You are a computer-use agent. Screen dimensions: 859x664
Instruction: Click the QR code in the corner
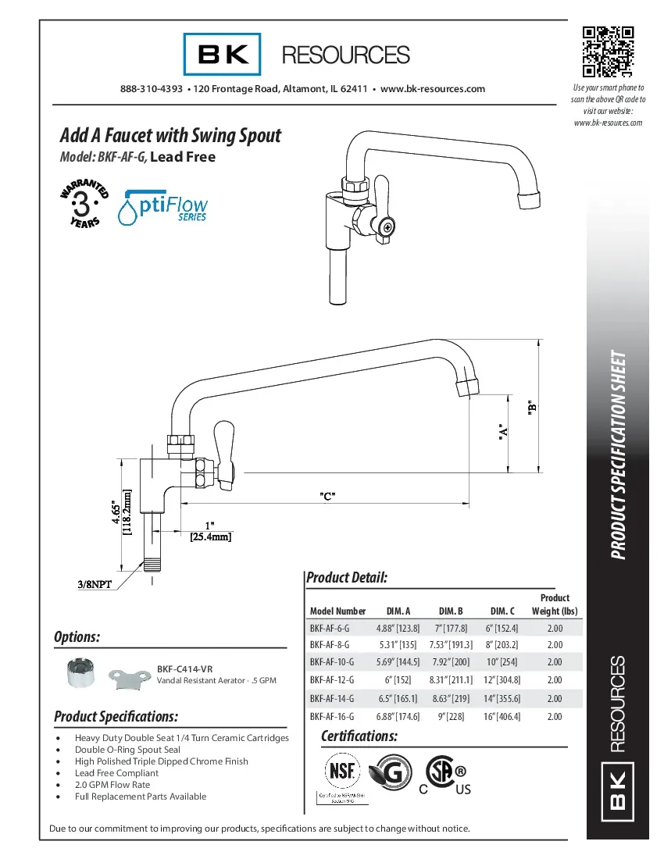coord(608,52)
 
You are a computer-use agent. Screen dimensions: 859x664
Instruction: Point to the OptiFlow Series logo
coord(162,207)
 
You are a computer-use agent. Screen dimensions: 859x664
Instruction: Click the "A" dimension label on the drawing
coord(504,432)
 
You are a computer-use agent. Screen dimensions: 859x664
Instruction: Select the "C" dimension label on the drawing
coord(328,496)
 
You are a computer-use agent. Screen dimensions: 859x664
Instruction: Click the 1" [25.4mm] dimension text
coord(210,531)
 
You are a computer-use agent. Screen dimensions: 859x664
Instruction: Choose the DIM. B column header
coord(451,611)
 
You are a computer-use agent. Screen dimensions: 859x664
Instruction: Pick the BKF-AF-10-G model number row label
coord(331,662)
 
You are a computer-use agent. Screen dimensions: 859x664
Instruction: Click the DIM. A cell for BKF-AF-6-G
coord(398,628)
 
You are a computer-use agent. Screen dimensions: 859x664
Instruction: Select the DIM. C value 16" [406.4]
coord(503,716)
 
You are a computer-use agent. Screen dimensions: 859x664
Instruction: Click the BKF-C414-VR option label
coord(184,669)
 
